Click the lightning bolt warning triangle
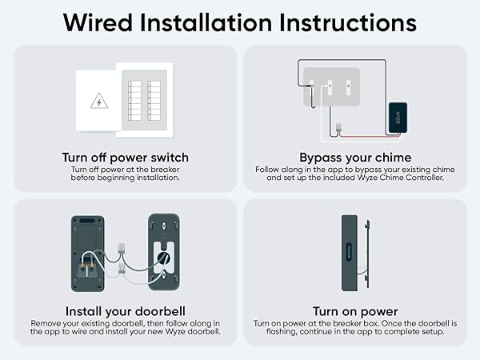point(99,102)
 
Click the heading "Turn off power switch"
point(126,157)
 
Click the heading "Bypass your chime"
point(354,157)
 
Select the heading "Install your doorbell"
point(126,310)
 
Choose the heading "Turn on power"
point(354,310)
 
